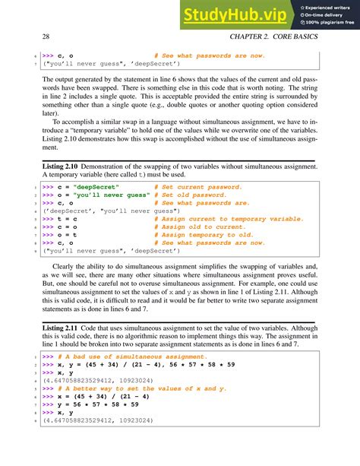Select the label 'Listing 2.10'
(x=62, y=166)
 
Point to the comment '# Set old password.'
(x=191, y=195)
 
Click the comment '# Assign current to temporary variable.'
(x=228, y=219)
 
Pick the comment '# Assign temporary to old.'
(x=203, y=235)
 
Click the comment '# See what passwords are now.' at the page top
(x=210, y=55)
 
